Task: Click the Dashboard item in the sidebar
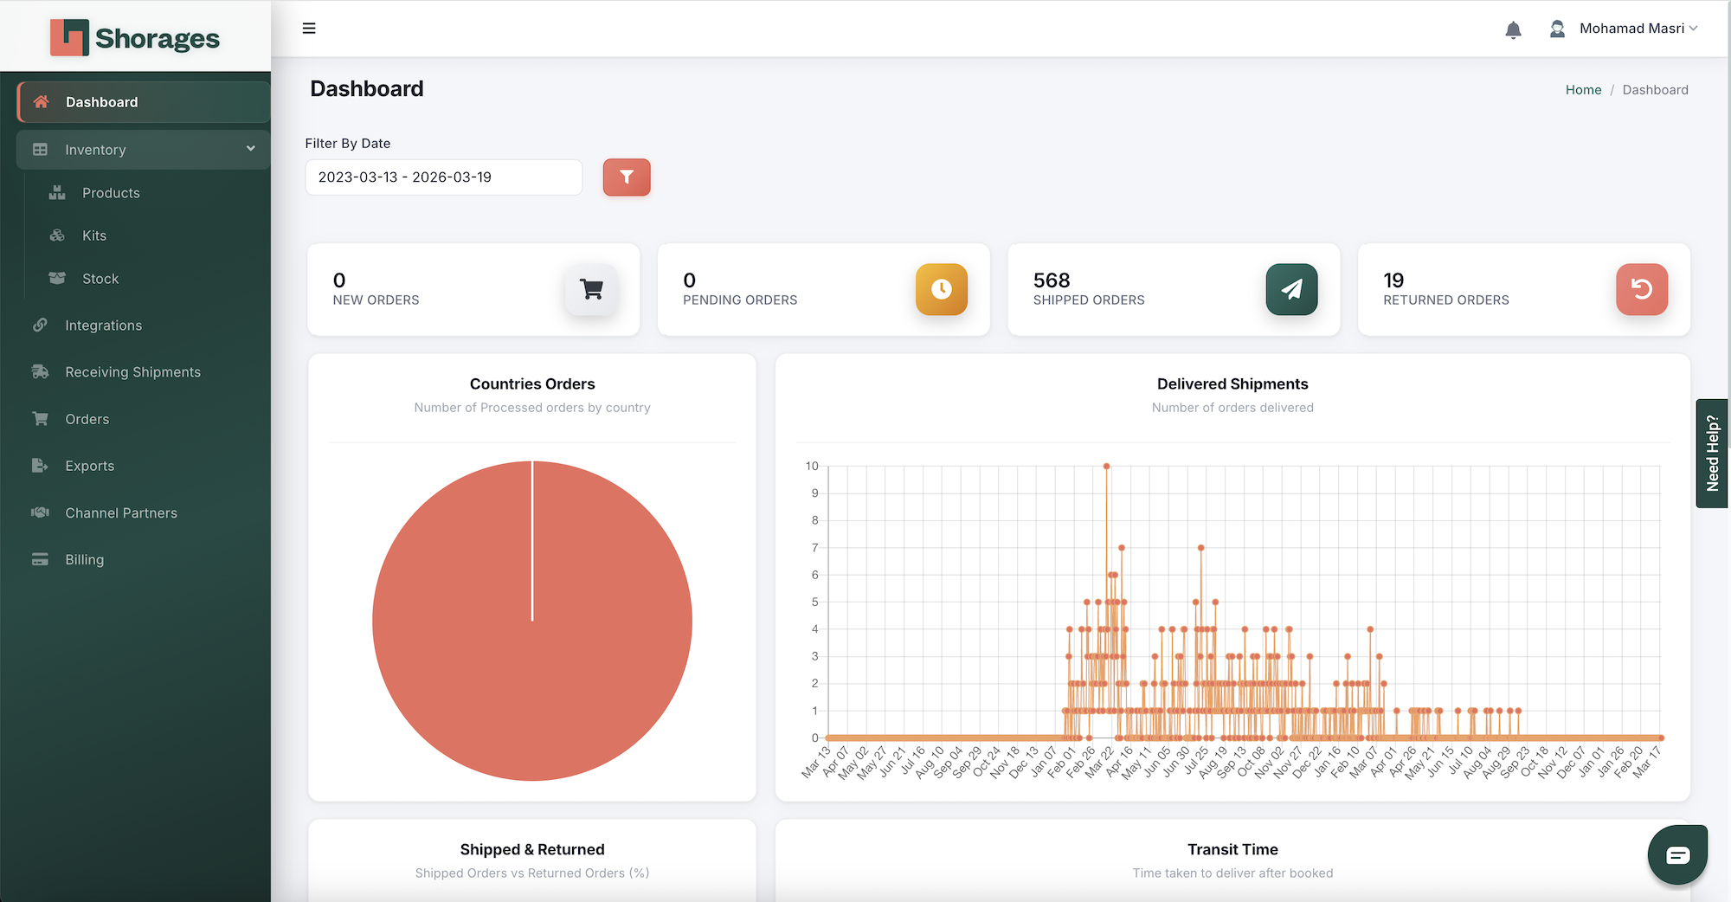[x=101, y=102]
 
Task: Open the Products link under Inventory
[x=111, y=193]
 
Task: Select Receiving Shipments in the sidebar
[x=132, y=372]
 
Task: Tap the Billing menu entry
[x=84, y=560]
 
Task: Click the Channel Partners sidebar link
[x=121, y=513]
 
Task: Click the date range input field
[x=443, y=177]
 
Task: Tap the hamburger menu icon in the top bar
[x=309, y=29]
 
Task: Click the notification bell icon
[x=1513, y=30]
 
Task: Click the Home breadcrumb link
[x=1583, y=90]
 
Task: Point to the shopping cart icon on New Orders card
[x=592, y=289]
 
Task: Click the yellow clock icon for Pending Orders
[x=942, y=289]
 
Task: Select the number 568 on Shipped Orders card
[x=1052, y=280]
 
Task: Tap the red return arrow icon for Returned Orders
[x=1641, y=289]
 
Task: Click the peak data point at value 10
[x=1106, y=467]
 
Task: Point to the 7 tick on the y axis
[x=814, y=548]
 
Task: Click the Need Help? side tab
[x=1712, y=454]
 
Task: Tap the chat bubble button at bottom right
[x=1676, y=855]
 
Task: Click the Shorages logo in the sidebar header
[x=135, y=38]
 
